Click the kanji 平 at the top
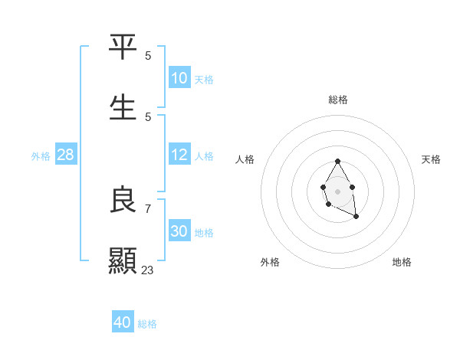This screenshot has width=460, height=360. (x=123, y=47)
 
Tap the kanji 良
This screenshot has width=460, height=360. (x=123, y=201)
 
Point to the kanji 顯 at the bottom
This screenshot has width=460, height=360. (x=123, y=260)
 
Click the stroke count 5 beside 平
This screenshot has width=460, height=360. (x=148, y=55)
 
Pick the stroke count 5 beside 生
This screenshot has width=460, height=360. (x=148, y=116)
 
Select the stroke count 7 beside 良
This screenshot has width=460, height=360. (x=148, y=208)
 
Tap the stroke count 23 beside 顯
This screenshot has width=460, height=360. (x=148, y=270)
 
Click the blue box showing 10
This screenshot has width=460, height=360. (x=179, y=77)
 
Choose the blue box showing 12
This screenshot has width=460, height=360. (x=179, y=155)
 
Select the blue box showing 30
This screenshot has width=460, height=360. (x=179, y=231)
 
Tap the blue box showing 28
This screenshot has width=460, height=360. (x=66, y=155)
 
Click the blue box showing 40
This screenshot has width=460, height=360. (x=123, y=322)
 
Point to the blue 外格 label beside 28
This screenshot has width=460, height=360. (x=41, y=156)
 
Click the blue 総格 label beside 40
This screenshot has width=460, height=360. (x=147, y=324)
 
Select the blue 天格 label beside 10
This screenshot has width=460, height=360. (x=204, y=79)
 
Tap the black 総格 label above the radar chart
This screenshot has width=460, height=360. (x=338, y=100)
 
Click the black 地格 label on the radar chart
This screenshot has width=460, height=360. (x=402, y=262)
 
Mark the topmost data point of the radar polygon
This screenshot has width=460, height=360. (x=337, y=161)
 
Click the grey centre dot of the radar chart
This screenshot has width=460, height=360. (x=337, y=191)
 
